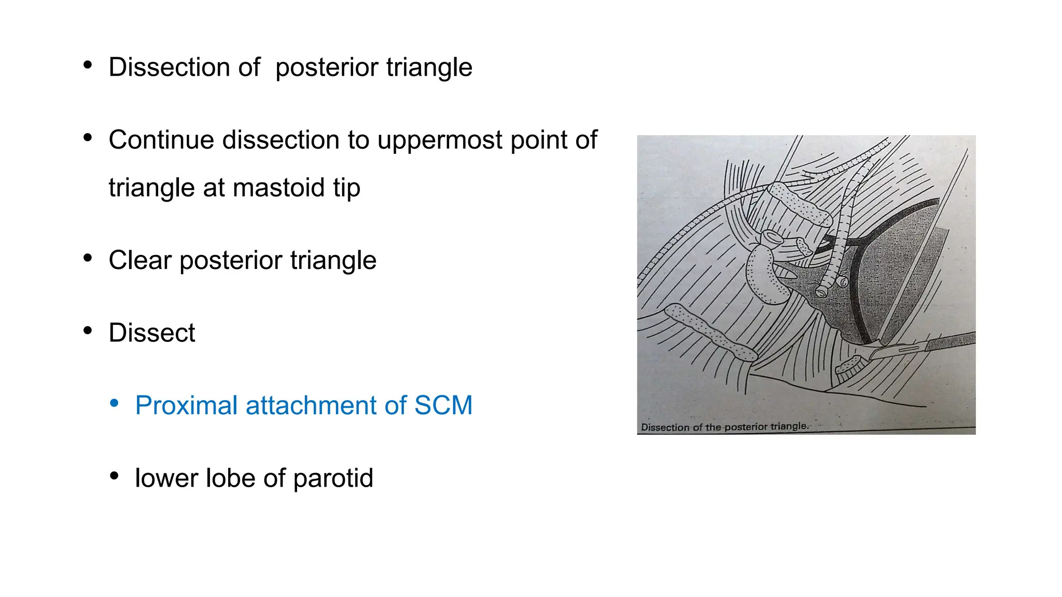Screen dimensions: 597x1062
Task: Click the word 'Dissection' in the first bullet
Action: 184,67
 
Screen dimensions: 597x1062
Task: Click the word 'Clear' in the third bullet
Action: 139,260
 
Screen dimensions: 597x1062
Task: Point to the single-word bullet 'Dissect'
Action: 152,333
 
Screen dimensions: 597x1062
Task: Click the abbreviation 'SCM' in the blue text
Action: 443,405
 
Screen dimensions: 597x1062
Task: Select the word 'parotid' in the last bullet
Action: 333,478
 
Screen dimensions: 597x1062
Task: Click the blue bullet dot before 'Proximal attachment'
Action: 115,403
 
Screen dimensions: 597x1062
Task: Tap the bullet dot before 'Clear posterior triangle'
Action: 88,258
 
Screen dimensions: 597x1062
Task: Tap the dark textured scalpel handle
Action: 949,342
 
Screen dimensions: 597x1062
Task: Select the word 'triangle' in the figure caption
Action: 788,427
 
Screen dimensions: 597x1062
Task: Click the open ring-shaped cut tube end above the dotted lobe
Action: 772,237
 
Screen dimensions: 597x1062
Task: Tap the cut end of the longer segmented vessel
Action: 821,292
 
